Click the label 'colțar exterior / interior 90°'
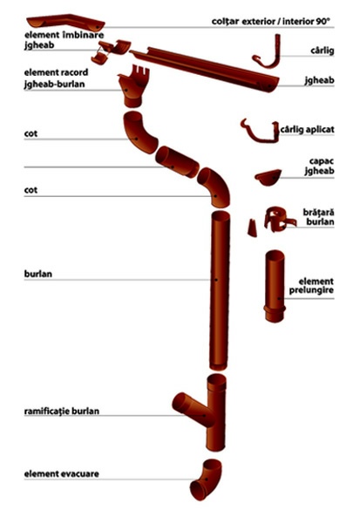[270, 22]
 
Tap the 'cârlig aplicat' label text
[307, 129]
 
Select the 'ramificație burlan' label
[62, 411]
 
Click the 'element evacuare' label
[62, 473]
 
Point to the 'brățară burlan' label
[318, 217]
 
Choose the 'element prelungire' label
[311, 286]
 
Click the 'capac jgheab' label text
[319, 167]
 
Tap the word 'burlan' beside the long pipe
[38, 274]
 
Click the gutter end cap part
[268, 177]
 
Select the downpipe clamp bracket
[280, 219]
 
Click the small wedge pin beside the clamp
[252, 228]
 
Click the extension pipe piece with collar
[275, 286]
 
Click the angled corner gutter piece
[65, 21]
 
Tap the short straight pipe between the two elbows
[177, 161]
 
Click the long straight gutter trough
[205, 69]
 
